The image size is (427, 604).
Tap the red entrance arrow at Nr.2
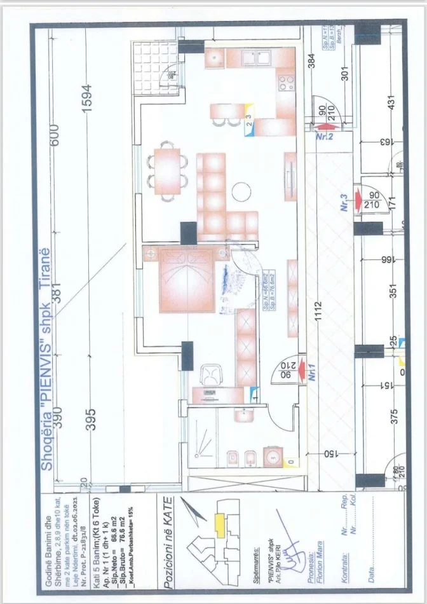(323, 127)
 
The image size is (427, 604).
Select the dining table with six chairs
(167, 170)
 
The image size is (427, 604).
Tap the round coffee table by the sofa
(241, 191)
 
